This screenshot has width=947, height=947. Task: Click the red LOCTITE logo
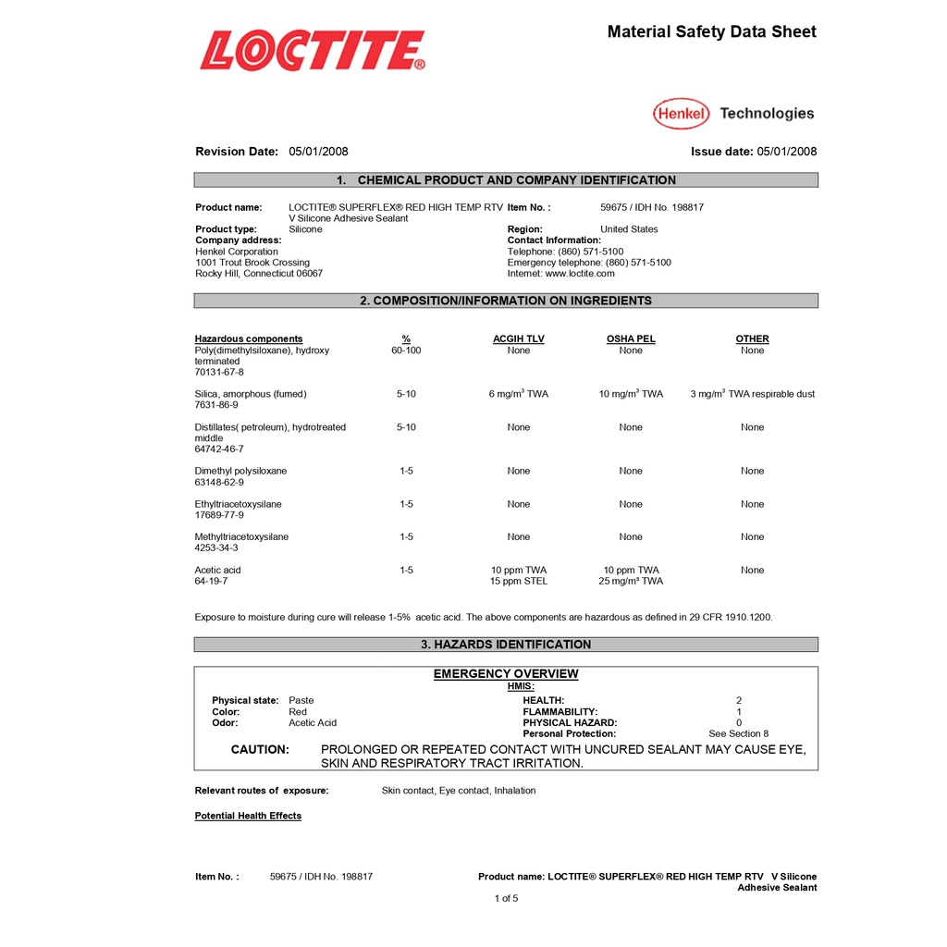click(313, 51)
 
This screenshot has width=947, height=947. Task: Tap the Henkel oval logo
click(682, 114)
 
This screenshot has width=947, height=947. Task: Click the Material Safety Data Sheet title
click(711, 32)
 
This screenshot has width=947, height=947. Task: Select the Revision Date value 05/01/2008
click(318, 152)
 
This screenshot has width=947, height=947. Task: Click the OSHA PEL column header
click(631, 339)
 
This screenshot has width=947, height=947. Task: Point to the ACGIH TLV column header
click(518, 339)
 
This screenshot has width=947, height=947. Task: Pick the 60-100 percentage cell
click(406, 351)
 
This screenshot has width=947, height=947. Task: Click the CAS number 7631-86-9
click(216, 405)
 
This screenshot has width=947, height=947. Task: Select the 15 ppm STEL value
click(519, 582)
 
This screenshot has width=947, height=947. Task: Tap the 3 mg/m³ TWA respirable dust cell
click(752, 394)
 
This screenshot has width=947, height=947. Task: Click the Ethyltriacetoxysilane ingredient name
click(239, 504)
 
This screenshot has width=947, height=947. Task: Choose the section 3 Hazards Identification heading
click(506, 645)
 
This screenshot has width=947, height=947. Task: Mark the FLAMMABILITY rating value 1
click(739, 712)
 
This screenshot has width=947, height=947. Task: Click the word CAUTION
click(260, 750)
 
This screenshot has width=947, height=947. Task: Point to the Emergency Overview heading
click(506, 674)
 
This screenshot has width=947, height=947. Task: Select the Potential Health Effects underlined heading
click(248, 816)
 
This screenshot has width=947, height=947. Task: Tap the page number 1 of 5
click(506, 898)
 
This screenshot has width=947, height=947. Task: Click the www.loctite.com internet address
click(580, 274)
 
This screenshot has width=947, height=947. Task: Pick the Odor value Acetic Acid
click(313, 723)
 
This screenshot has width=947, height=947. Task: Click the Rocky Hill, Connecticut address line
click(259, 274)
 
